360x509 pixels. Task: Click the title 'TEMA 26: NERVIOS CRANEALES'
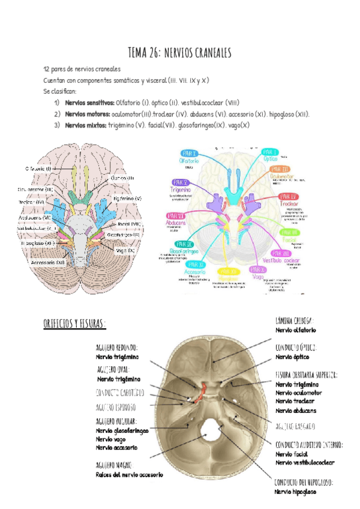point(180,53)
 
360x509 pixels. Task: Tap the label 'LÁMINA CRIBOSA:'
point(295,321)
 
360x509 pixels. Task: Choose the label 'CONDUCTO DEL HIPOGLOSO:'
point(304,482)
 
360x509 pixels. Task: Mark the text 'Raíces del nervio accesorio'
point(129,475)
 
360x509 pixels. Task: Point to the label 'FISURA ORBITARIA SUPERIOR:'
point(306,375)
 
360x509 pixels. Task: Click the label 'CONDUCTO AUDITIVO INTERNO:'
point(309,445)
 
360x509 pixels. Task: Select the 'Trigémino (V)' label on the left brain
point(127,199)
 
